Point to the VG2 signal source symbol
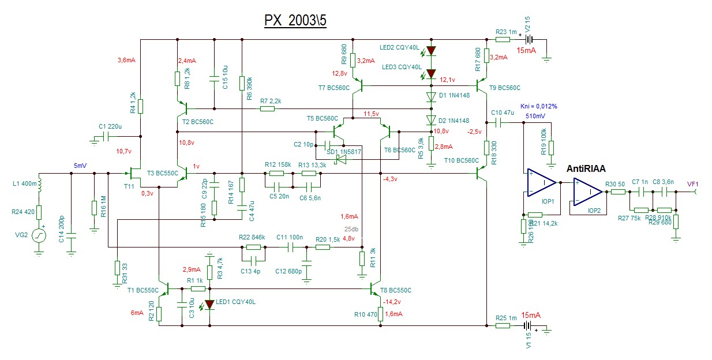(39, 236)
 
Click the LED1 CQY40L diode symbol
(209, 304)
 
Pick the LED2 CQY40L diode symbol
(430, 51)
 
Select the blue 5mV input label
(80, 166)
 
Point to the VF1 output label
(692, 185)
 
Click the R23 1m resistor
(503, 40)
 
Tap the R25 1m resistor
(503, 326)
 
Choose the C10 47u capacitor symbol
(497, 123)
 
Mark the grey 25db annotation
(351, 228)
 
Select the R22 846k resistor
(253, 247)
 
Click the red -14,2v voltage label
(392, 301)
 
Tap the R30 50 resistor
(618, 192)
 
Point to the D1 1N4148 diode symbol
(430, 96)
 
